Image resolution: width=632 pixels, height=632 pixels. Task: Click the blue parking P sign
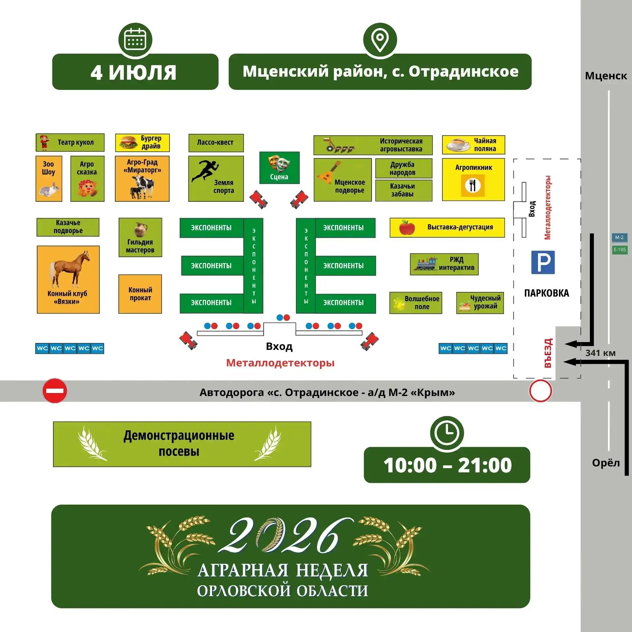pos(543,262)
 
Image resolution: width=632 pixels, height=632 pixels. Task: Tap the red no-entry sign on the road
pos(55,391)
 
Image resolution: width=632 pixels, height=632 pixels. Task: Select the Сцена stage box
pos(279,168)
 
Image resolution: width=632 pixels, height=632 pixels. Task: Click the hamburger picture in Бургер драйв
pos(128,142)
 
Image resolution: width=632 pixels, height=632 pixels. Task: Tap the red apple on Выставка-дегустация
pos(407,227)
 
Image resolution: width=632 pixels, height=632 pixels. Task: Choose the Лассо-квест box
pos(216,143)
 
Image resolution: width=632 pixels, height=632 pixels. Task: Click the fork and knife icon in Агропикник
pos(473,185)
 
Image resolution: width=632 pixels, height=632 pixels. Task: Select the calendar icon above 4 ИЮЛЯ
pos(135,39)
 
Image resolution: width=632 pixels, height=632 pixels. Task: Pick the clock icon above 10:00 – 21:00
pos(447,433)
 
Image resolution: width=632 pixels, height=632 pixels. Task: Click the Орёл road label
pos(606,463)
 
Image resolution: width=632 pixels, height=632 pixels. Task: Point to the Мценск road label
pos(606,76)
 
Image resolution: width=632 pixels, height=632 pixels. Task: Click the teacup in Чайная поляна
pos(458,145)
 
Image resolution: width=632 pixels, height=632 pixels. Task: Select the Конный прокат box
pos(140,294)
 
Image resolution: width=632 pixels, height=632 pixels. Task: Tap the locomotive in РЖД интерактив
pos(426,264)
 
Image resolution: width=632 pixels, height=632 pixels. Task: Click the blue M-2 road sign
pos(619,237)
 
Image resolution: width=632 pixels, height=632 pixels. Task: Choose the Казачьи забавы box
pos(404,190)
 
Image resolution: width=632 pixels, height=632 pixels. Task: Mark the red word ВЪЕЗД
pos(548,353)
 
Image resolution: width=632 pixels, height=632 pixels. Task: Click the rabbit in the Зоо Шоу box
pos(49,190)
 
